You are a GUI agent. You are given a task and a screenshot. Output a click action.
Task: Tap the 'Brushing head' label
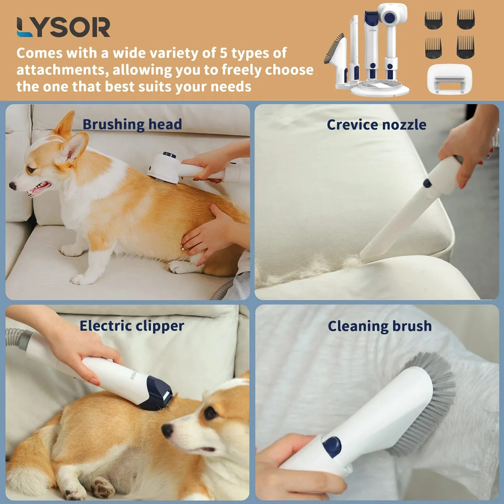tap(132, 124)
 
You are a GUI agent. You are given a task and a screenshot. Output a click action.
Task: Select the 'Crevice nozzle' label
tap(376, 125)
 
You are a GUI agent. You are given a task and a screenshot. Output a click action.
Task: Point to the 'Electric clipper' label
tap(132, 326)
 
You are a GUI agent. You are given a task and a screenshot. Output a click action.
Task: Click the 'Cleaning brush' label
tap(380, 326)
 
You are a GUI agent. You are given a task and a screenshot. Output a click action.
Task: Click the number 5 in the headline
tap(223, 53)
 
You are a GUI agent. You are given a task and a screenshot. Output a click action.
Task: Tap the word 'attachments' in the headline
tap(60, 70)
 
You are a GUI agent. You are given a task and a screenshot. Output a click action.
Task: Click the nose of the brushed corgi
tap(13, 186)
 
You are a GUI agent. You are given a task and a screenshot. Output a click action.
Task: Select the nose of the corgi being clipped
tap(167, 430)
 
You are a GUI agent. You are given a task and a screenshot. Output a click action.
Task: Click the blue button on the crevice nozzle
tap(427, 183)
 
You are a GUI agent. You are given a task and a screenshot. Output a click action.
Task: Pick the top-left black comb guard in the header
tap(433, 20)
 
